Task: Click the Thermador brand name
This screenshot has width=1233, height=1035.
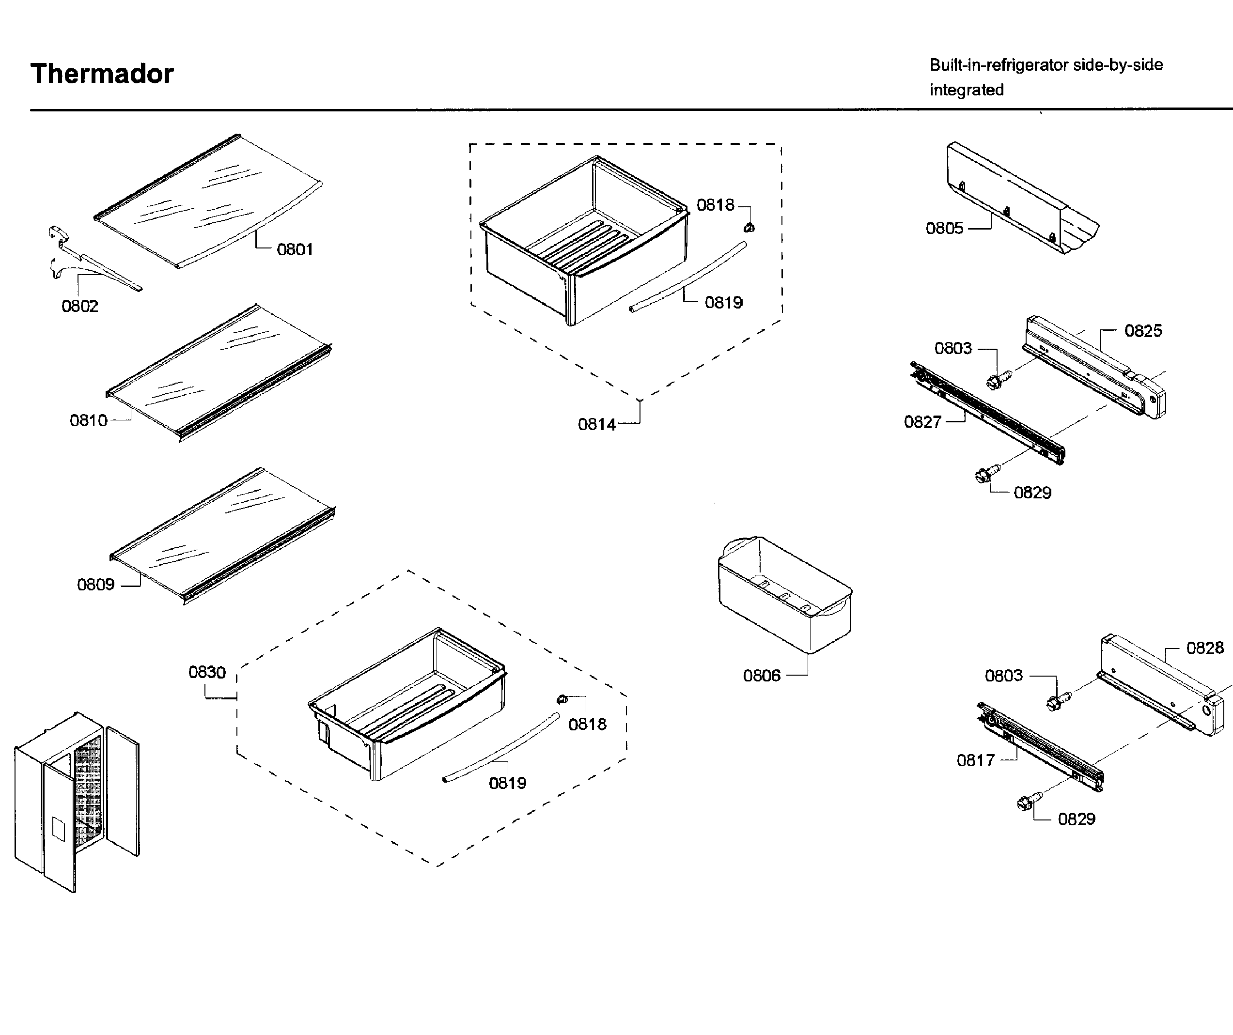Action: pyautogui.click(x=102, y=74)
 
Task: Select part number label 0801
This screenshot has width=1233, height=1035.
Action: pyautogui.click(x=295, y=250)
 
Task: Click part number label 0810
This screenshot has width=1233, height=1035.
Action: pyautogui.click(x=89, y=421)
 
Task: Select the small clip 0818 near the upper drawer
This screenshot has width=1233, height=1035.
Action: pyautogui.click(x=749, y=228)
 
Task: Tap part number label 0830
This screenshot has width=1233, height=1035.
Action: pyautogui.click(x=207, y=673)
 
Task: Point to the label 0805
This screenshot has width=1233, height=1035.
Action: pyautogui.click(x=944, y=229)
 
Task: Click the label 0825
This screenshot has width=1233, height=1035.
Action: pyautogui.click(x=1142, y=331)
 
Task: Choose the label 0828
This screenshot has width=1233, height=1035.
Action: pyautogui.click(x=1205, y=648)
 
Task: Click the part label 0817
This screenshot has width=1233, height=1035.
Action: pyautogui.click(x=975, y=761)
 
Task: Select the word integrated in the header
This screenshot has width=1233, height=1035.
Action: pyautogui.click(x=967, y=91)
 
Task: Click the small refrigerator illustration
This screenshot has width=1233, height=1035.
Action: pyautogui.click(x=77, y=802)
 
